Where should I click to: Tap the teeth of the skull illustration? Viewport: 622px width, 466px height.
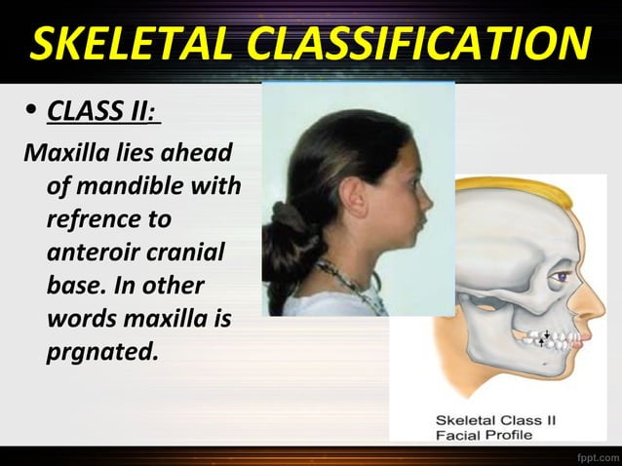(x=567, y=340)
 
